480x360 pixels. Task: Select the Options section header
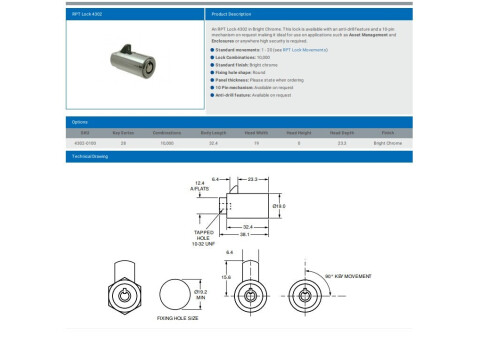(79, 122)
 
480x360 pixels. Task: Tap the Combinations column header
(166, 132)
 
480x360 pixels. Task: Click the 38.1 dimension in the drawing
(243, 235)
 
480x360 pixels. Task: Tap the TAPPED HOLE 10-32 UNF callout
(206, 236)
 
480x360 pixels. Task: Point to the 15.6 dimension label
(227, 277)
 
